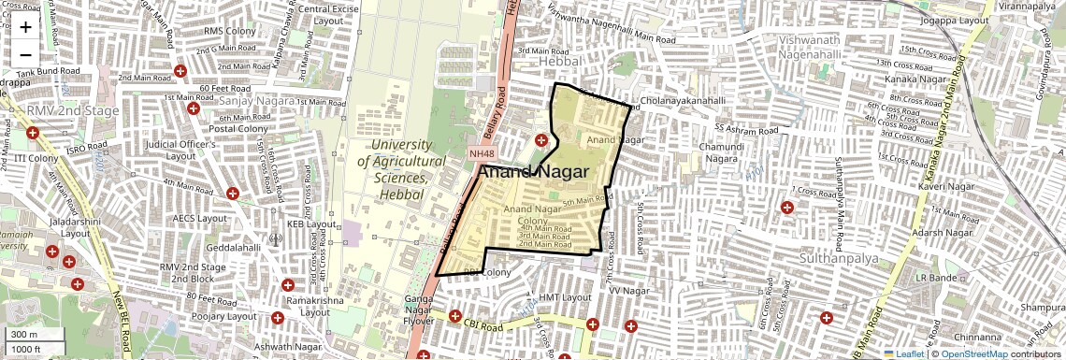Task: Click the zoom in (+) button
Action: pos(25,27)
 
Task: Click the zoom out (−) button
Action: pos(25,54)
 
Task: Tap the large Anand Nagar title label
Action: pos(533,173)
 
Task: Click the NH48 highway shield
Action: pos(482,153)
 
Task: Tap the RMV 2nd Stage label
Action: pos(73,111)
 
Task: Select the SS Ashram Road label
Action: pos(746,127)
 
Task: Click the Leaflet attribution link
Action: pos(903,354)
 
